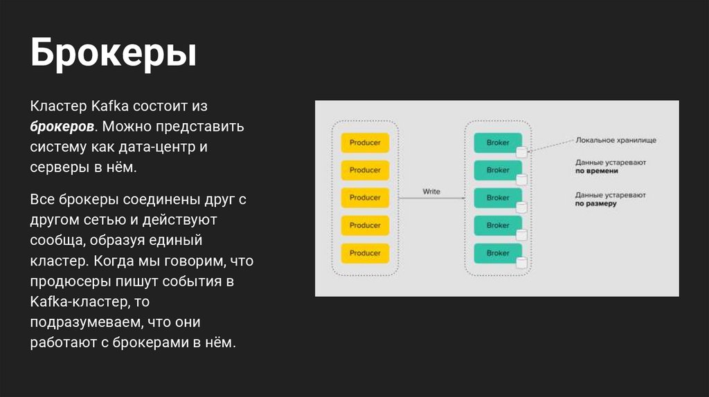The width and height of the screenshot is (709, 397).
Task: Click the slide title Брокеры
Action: coord(113,54)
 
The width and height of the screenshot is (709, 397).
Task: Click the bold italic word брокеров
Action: coord(62,128)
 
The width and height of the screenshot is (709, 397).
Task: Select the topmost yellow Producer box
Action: coord(365,142)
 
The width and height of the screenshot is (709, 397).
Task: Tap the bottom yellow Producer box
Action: coord(365,253)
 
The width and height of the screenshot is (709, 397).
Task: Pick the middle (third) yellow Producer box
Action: coord(365,198)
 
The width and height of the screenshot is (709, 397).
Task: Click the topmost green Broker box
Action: coord(497,142)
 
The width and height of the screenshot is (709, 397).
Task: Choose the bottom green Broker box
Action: coord(497,253)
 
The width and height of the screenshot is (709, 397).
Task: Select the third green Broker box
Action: coord(497,198)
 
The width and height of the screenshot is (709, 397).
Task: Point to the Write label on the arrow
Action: coord(431,192)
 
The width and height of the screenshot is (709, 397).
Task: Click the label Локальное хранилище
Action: coord(616,140)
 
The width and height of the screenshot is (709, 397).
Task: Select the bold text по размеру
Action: coord(595,204)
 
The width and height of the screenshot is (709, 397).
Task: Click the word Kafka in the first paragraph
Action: coord(109,107)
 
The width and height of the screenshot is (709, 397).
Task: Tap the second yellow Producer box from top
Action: coord(365,170)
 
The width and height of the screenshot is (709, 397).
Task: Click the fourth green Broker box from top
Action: coord(497,225)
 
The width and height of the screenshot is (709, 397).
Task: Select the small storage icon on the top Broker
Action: coord(522,151)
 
